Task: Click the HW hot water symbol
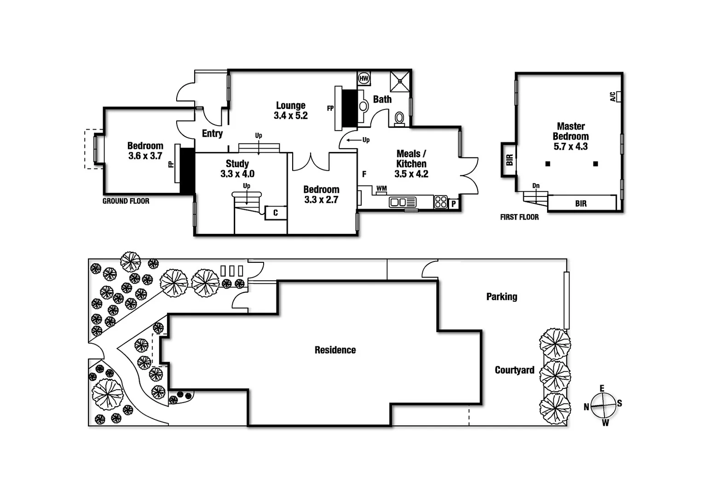click(364, 79)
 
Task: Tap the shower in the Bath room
click(400, 81)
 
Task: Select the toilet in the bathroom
click(399, 118)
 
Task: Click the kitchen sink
click(403, 202)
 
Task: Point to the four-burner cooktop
click(440, 202)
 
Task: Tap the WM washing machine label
click(381, 189)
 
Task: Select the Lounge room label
click(291, 105)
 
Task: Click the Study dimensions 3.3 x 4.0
click(237, 174)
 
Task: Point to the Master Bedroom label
click(570, 131)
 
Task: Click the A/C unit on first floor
click(619, 97)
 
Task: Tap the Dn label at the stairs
click(536, 186)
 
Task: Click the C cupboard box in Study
click(276, 213)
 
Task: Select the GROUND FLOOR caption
click(126, 201)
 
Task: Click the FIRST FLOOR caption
click(519, 217)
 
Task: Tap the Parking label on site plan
click(501, 297)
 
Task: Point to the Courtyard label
click(514, 370)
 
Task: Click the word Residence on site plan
click(335, 350)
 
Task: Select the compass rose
click(603, 405)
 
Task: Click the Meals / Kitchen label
click(411, 159)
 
